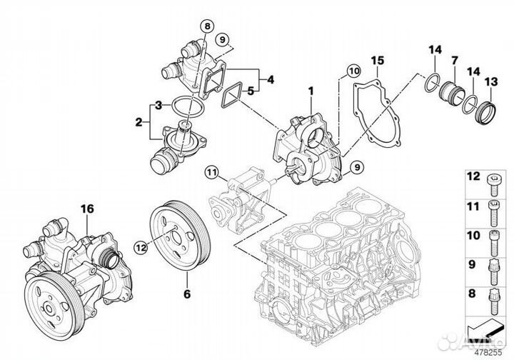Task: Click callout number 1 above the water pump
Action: tap(311, 92)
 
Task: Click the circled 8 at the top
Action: tap(207, 26)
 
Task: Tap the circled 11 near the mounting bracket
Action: tap(210, 171)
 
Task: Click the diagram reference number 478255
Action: tap(489, 351)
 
